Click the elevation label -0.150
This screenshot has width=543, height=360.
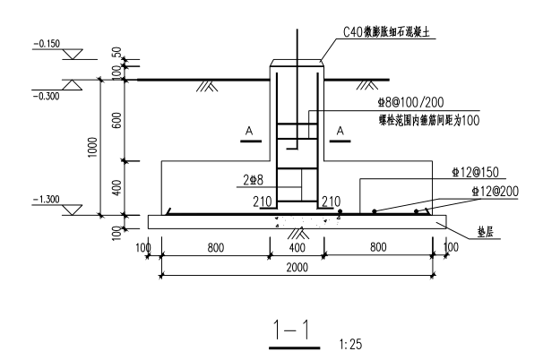[47, 44]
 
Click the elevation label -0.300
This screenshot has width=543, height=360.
[47, 96]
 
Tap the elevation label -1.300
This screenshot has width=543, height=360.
[47, 200]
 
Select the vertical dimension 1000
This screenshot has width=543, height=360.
[93, 148]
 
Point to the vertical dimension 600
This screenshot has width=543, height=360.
[117, 121]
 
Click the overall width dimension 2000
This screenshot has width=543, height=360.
[297, 267]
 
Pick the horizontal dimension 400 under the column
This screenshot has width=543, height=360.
[297, 247]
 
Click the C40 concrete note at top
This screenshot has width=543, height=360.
[386, 32]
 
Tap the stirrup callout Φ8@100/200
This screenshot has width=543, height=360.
[410, 102]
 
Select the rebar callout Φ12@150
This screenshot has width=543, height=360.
[475, 172]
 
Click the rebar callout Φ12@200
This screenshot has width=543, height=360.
[496, 191]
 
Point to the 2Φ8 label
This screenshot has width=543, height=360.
[254, 180]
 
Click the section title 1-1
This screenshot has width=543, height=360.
[291, 330]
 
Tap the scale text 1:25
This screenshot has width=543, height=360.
[351, 345]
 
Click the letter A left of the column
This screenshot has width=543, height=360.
[249, 131]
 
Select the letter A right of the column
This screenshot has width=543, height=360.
[340, 131]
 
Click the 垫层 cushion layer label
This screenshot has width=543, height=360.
[485, 232]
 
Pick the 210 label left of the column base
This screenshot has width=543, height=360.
[263, 201]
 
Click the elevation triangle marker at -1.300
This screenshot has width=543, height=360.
[73, 210]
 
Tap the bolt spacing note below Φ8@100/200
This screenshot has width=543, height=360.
[429, 121]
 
